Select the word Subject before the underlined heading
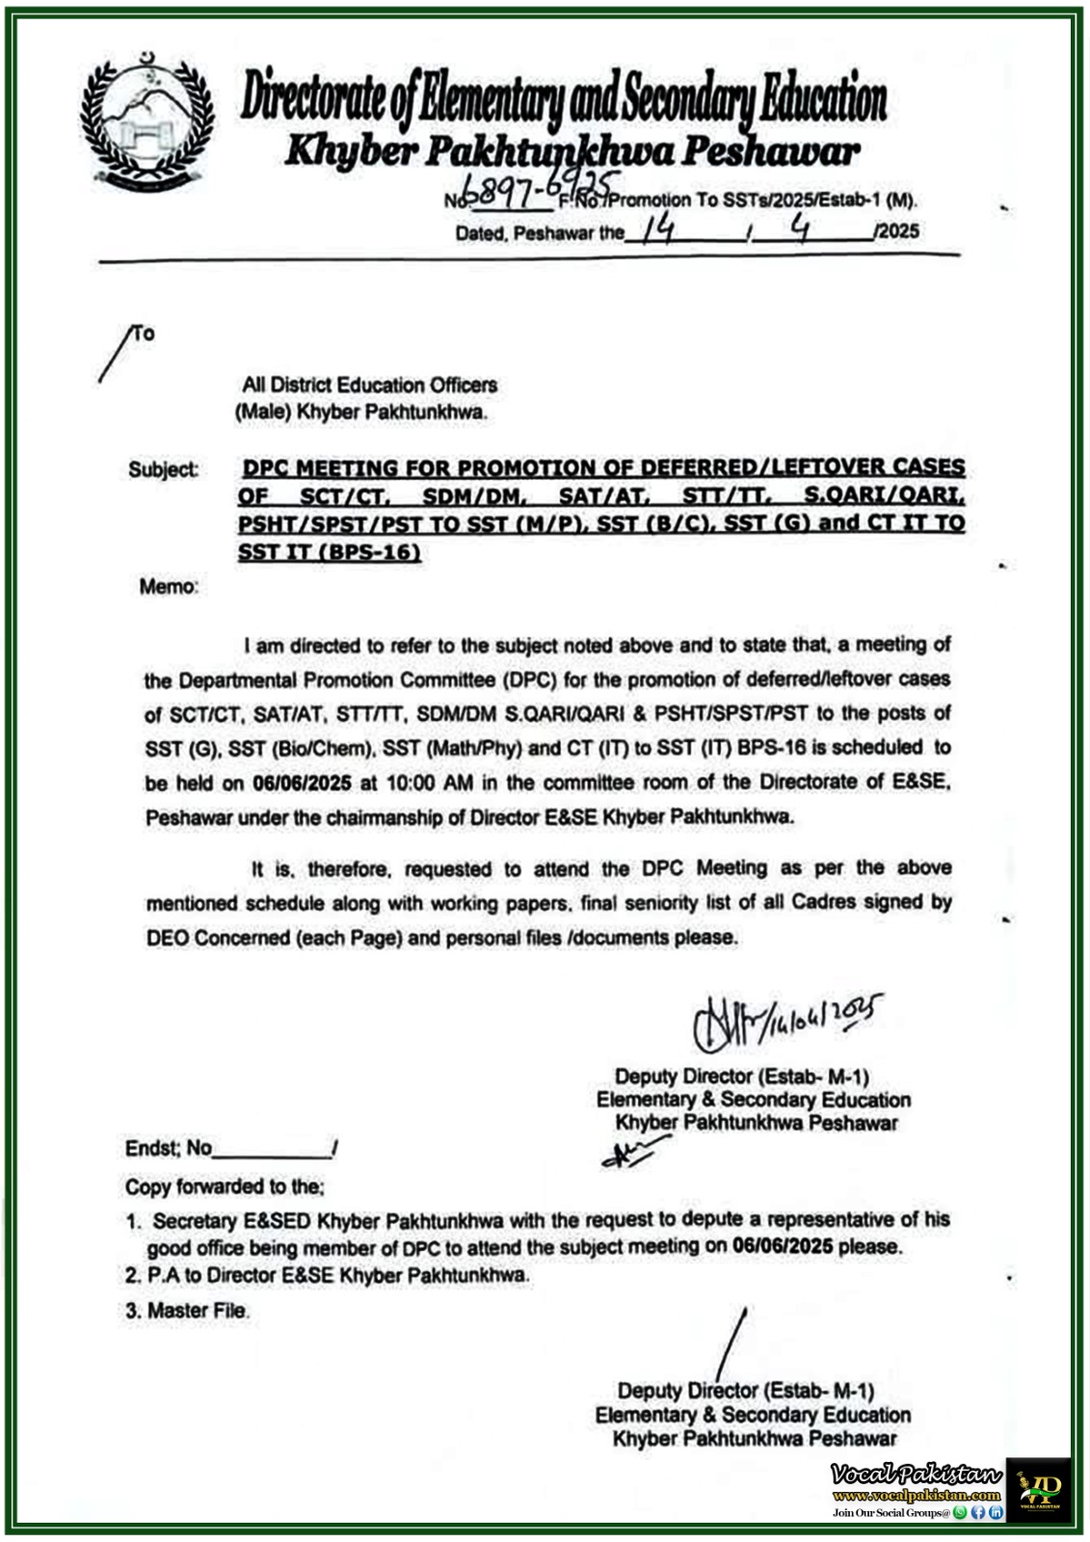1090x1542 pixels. click(x=163, y=469)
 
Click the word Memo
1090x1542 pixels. click(x=169, y=586)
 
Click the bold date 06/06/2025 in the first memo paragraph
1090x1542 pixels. click(x=302, y=783)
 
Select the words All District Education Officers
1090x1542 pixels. click(x=370, y=385)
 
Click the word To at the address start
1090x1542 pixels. click(x=144, y=334)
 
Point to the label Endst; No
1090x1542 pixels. click(x=169, y=1148)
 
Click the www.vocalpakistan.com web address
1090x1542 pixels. click(x=917, y=1496)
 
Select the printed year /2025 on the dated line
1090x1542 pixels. click(x=895, y=231)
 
